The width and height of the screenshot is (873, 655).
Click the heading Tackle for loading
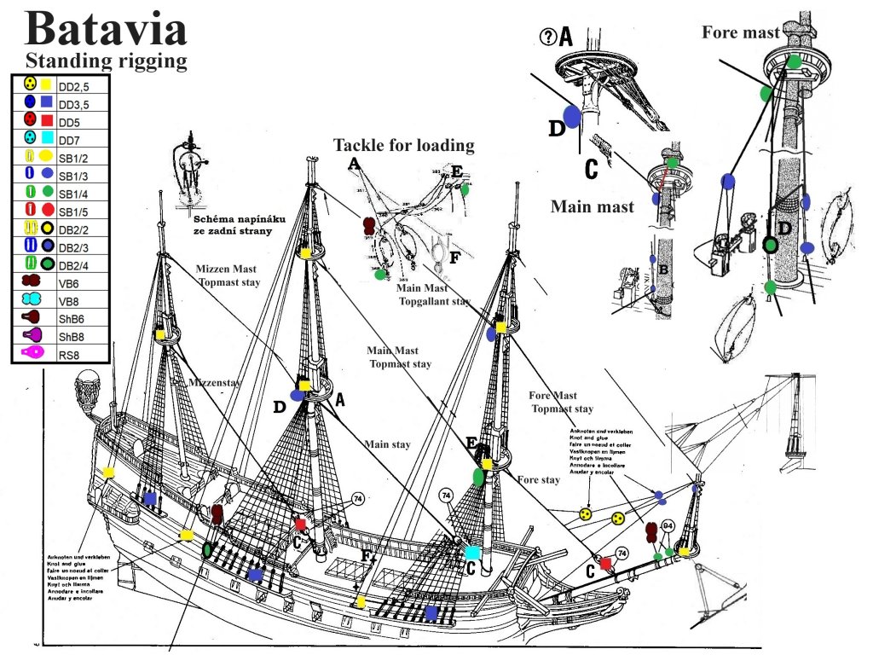coord(403,145)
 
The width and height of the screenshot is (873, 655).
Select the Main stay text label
coord(387,443)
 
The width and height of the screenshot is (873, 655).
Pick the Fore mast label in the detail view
coord(740,32)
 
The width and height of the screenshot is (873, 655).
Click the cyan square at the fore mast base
coord(471,552)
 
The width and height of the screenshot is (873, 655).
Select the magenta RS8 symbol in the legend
coord(32,351)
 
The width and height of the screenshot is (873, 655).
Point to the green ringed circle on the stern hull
coord(207,550)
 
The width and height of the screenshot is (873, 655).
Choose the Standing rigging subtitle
coord(106,61)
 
